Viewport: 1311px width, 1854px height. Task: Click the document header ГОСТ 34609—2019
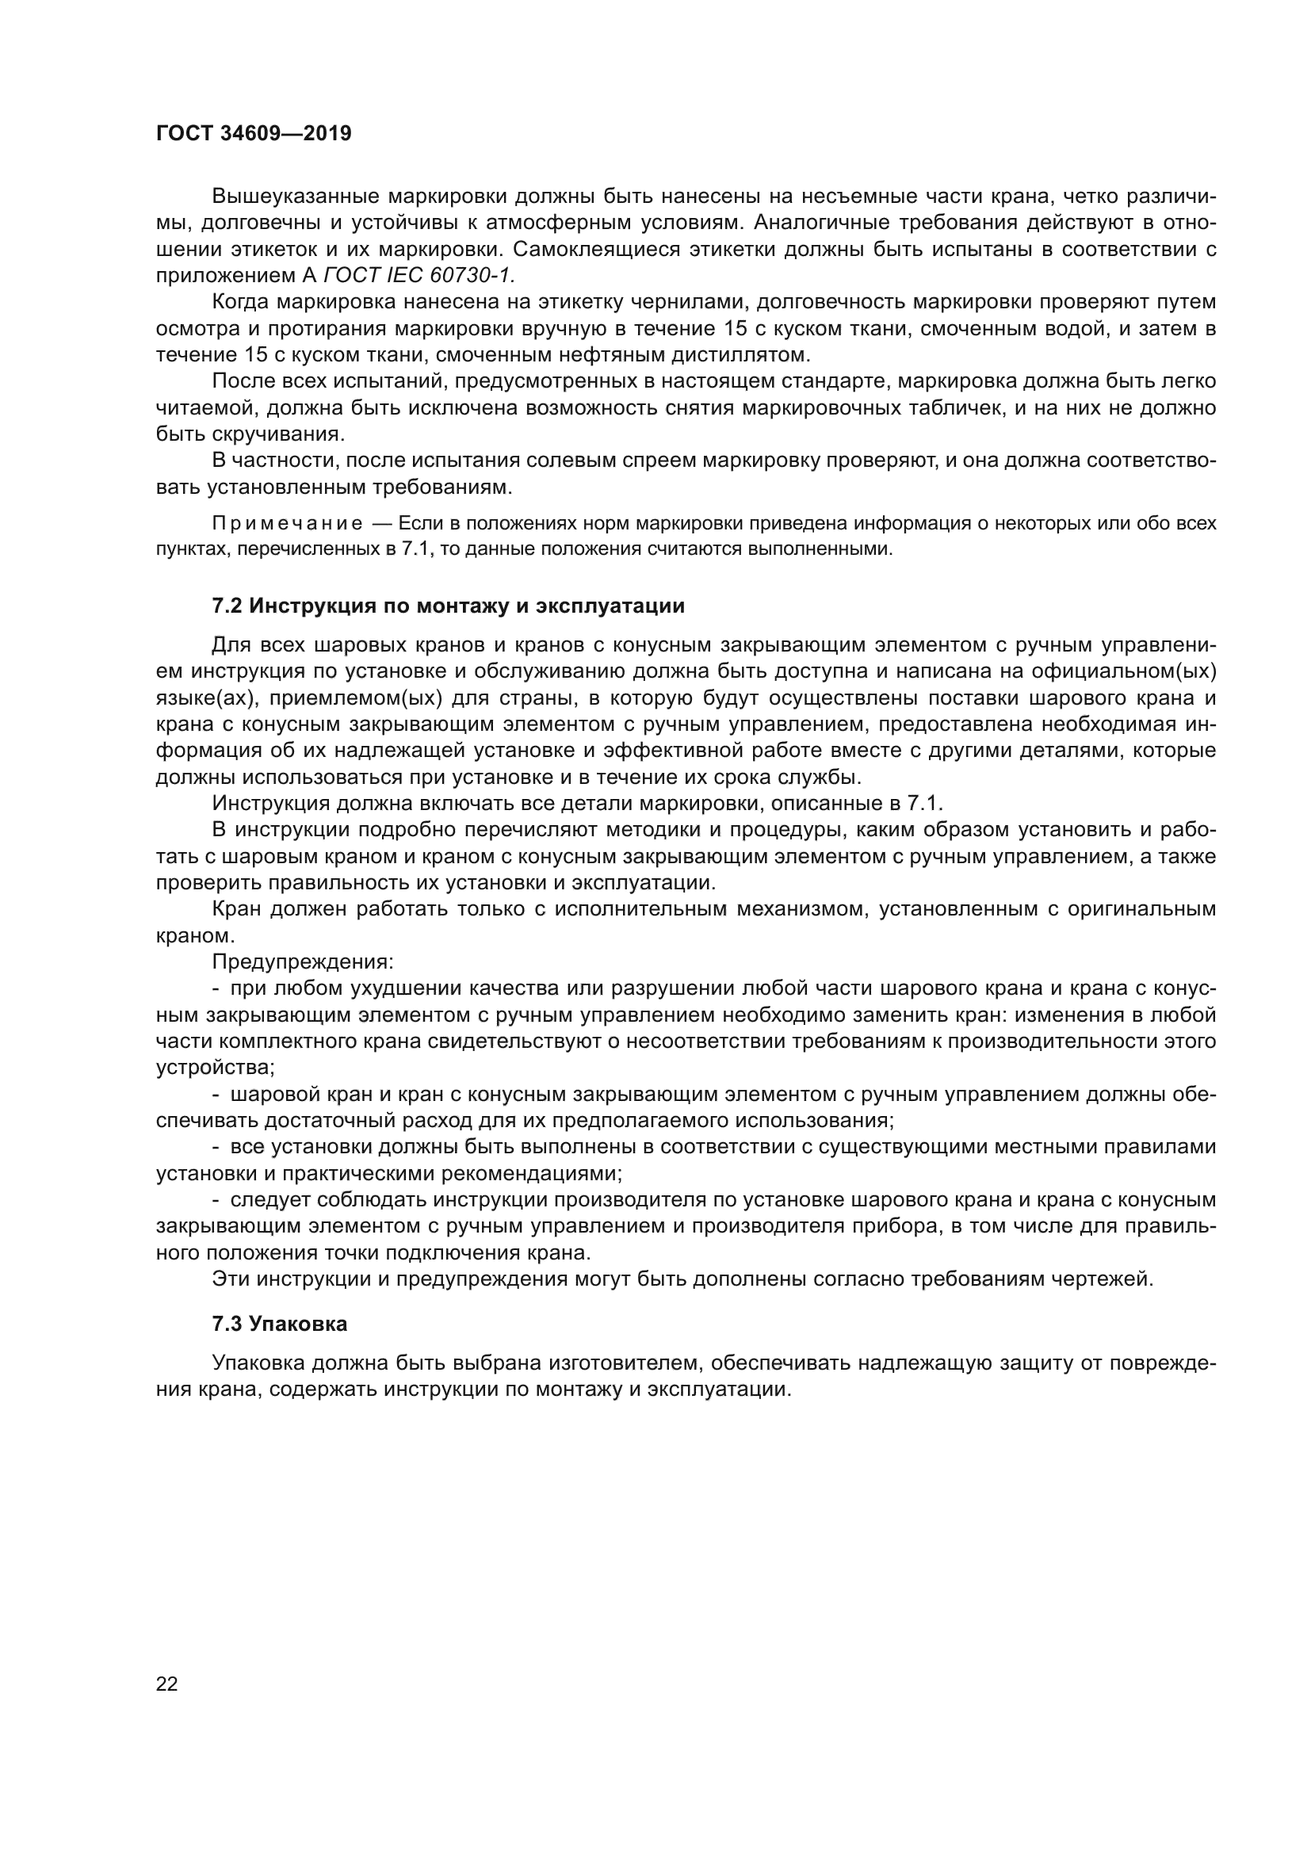[x=254, y=134]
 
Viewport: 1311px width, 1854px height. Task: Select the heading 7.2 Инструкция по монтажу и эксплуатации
[x=448, y=606]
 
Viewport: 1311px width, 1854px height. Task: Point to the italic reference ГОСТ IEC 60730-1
[x=419, y=275]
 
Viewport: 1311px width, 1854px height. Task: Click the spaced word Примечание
[x=287, y=523]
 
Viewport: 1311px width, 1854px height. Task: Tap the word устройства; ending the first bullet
[x=215, y=1068]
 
